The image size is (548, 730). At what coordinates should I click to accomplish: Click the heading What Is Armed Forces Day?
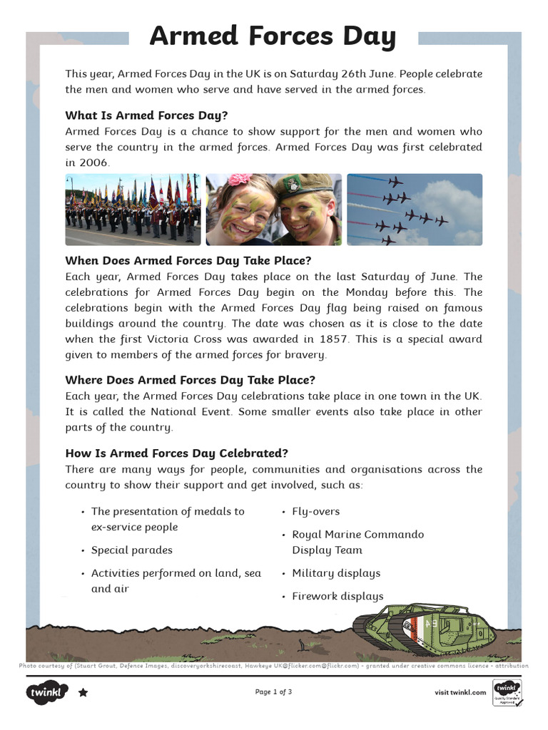click(x=146, y=115)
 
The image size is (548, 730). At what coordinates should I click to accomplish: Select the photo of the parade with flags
click(x=133, y=210)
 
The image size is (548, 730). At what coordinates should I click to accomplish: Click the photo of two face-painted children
click(x=274, y=210)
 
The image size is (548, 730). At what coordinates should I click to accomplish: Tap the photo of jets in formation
click(x=415, y=210)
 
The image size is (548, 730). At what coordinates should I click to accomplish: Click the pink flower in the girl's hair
click(x=240, y=179)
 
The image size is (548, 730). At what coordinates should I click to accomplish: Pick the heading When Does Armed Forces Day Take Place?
click(x=188, y=260)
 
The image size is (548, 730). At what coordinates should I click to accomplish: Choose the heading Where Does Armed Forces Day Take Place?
click(x=190, y=379)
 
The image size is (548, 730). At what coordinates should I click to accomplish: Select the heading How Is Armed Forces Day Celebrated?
click(x=176, y=453)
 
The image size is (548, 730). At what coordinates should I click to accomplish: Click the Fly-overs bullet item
click(x=315, y=511)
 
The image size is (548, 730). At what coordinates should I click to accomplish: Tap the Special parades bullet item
click(x=131, y=550)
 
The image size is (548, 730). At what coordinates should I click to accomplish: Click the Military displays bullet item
click(x=336, y=573)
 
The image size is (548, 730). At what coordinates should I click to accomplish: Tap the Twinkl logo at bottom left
click(x=47, y=692)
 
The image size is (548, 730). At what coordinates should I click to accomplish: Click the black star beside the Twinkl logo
click(x=83, y=692)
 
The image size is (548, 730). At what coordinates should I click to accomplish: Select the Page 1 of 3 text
click(x=273, y=692)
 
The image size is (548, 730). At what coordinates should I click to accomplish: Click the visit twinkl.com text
click(x=460, y=692)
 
